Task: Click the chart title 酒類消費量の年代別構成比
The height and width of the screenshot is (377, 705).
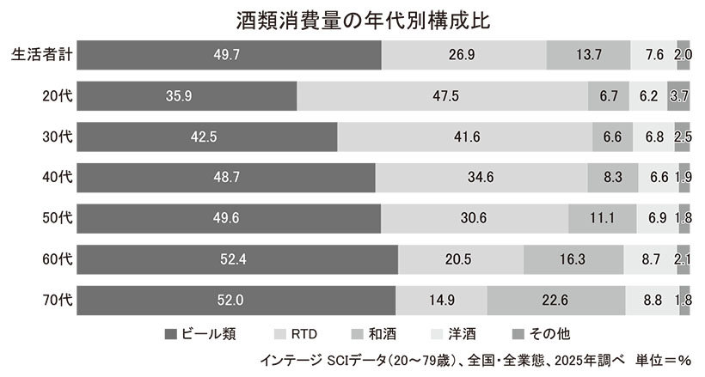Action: (363, 21)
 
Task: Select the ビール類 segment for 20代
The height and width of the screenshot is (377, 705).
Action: (187, 95)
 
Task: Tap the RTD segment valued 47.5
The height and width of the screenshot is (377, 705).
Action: (443, 95)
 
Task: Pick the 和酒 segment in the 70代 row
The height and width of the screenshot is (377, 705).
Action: (556, 301)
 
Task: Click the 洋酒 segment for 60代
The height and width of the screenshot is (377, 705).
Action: (650, 259)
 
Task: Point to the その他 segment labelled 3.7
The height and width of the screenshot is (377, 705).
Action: (678, 95)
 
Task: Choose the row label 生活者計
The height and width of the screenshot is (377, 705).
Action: (42, 55)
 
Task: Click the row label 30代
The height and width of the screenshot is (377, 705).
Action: (58, 137)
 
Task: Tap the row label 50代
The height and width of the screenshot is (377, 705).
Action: (58, 218)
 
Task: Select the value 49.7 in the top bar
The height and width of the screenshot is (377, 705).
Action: (227, 55)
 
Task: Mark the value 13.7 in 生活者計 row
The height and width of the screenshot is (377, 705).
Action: (589, 55)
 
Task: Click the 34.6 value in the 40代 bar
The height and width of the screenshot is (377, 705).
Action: (481, 177)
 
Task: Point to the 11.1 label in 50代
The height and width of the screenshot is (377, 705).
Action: (602, 218)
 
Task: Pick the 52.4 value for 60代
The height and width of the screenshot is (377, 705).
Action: (233, 259)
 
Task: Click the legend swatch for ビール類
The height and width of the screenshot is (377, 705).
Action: (171, 334)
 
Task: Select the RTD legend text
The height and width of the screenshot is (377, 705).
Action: (304, 334)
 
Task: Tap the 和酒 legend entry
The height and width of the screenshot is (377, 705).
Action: (374, 334)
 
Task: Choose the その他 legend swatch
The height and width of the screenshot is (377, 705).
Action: (518, 334)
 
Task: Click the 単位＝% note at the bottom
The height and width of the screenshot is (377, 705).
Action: (663, 361)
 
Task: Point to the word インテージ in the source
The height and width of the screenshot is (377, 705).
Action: (291, 361)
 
